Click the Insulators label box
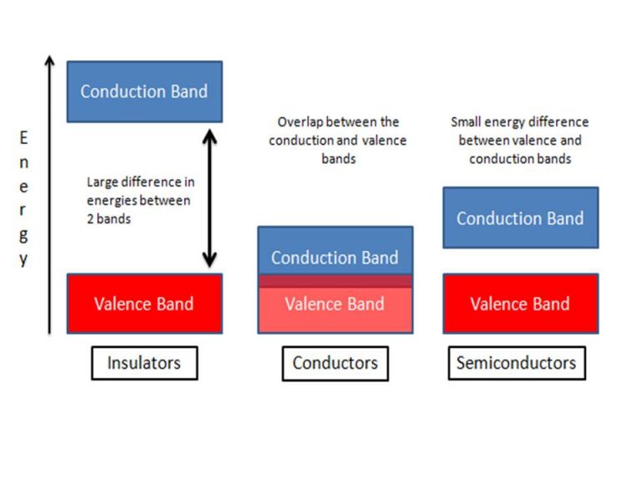tap(144, 363)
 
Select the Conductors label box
tap(335, 363)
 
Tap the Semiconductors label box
tap(516, 363)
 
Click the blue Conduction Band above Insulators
tap(144, 91)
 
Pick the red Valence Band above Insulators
tap(144, 304)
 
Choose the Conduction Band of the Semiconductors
tap(520, 218)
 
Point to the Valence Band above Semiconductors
tap(520, 304)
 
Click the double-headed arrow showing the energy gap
tap(210, 197)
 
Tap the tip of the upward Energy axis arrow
tap(49, 59)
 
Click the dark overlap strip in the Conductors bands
tap(335, 281)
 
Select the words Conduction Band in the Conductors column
tap(335, 258)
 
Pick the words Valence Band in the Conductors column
tap(335, 304)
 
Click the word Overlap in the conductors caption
tap(301, 123)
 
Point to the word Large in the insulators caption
tap(104, 182)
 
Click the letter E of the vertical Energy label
tap(23, 139)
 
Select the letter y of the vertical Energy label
tap(23, 259)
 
